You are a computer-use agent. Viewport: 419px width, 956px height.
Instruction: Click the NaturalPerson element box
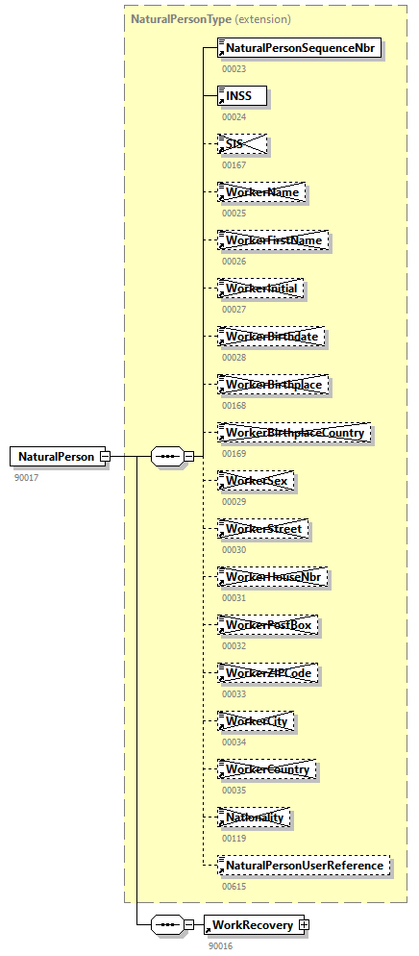click(55, 457)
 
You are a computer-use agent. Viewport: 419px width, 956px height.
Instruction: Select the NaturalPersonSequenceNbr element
click(301, 47)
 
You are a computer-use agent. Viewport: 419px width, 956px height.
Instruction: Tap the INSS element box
click(241, 95)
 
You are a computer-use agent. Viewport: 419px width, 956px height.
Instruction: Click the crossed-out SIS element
click(241, 144)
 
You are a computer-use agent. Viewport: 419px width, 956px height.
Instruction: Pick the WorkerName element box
click(261, 192)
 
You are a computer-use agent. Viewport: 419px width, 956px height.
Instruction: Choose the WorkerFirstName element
click(273, 240)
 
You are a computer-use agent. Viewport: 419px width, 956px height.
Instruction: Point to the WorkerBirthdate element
click(270, 337)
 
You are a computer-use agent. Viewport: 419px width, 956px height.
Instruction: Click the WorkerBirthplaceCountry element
click(294, 433)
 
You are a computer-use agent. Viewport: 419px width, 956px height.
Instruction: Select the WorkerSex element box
click(256, 481)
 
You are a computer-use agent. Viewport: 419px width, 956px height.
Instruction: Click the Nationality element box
click(255, 818)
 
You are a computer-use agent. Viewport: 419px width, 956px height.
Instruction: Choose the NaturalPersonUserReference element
click(304, 866)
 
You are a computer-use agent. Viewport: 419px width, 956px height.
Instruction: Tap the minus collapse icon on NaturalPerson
click(106, 457)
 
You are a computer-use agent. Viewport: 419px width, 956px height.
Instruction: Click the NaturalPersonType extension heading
click(210, 18)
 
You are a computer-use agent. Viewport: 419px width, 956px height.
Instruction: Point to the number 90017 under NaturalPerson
click(26, 477)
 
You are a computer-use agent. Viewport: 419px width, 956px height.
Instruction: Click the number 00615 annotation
click(234, 886)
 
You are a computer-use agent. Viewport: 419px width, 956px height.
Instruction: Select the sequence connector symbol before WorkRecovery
click(167, 924)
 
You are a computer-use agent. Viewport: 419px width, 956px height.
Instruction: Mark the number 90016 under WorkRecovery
click(220, 945)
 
